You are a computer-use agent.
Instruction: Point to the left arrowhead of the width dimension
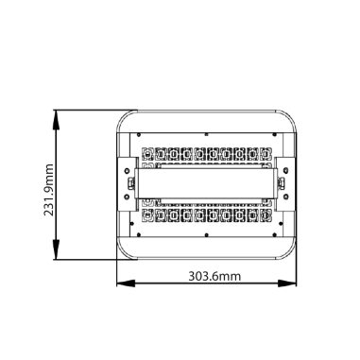[x=121, y=283]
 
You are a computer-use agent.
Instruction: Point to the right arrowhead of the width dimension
[x=291, y=283]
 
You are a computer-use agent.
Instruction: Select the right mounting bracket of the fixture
[x=282, y=184]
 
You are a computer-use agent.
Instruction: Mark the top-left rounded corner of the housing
[x=124, y=117]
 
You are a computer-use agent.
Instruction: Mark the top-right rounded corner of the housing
[x=288, y=117]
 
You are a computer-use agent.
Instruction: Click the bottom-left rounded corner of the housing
[x=124, y=252]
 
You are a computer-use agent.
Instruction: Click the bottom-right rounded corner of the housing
[x=288, y=252]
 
